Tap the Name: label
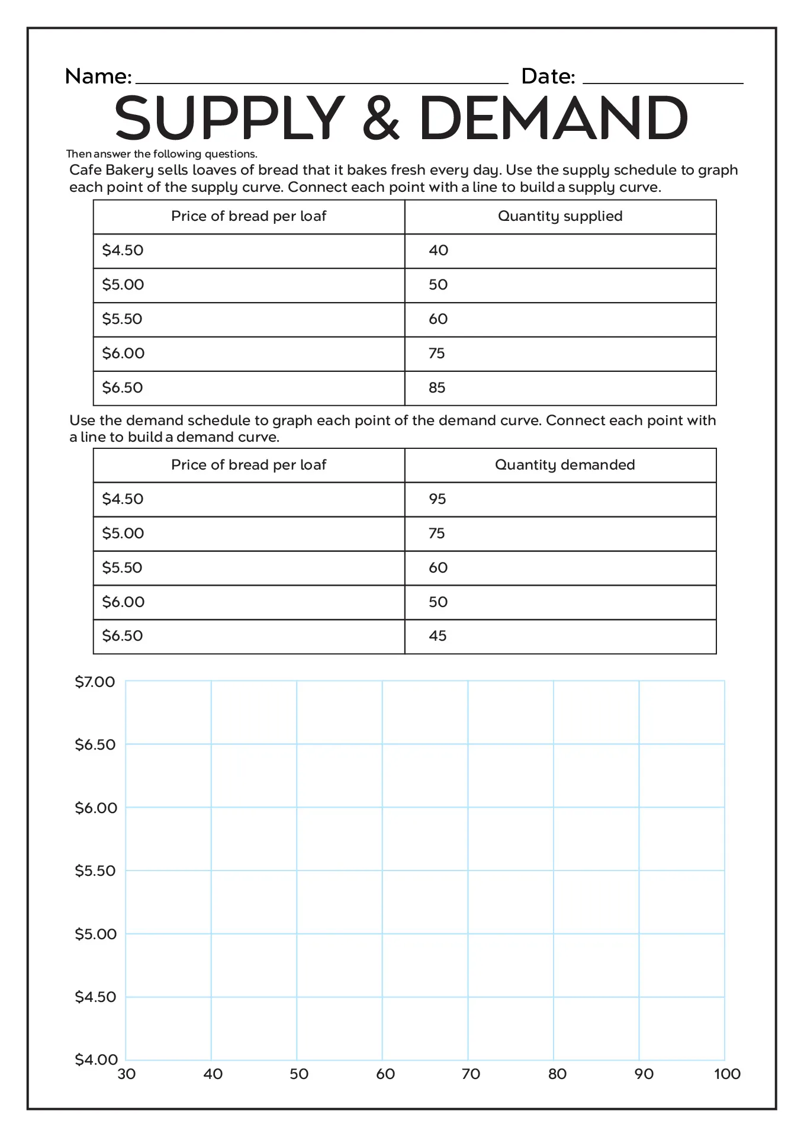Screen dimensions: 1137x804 pyautogui.click(x=98, y=76)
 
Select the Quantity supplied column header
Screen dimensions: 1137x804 pyautogui.click(x=559, y=216)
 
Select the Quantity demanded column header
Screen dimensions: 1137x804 pyautogui.click(x=564, y=465)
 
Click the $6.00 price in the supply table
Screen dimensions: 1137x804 pyautogui.click(x=123, y=354)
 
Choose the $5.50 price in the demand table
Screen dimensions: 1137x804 pyautogui.click(x=122, y=568)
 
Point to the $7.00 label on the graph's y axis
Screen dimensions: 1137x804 pyautogui.click(x=95, y=682)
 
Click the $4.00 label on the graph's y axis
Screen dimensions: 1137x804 pyautogui.click(x=96, y=1059)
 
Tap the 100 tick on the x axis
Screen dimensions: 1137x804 pyautogui.click(x=727, y=1074)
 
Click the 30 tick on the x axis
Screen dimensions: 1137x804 pyautogui.click(x=127, y=1074)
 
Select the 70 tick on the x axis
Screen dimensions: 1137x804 pyautogui.click(x=471, y=1074)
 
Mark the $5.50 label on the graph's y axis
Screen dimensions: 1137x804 pyautogui.click(x=95, y=871)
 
